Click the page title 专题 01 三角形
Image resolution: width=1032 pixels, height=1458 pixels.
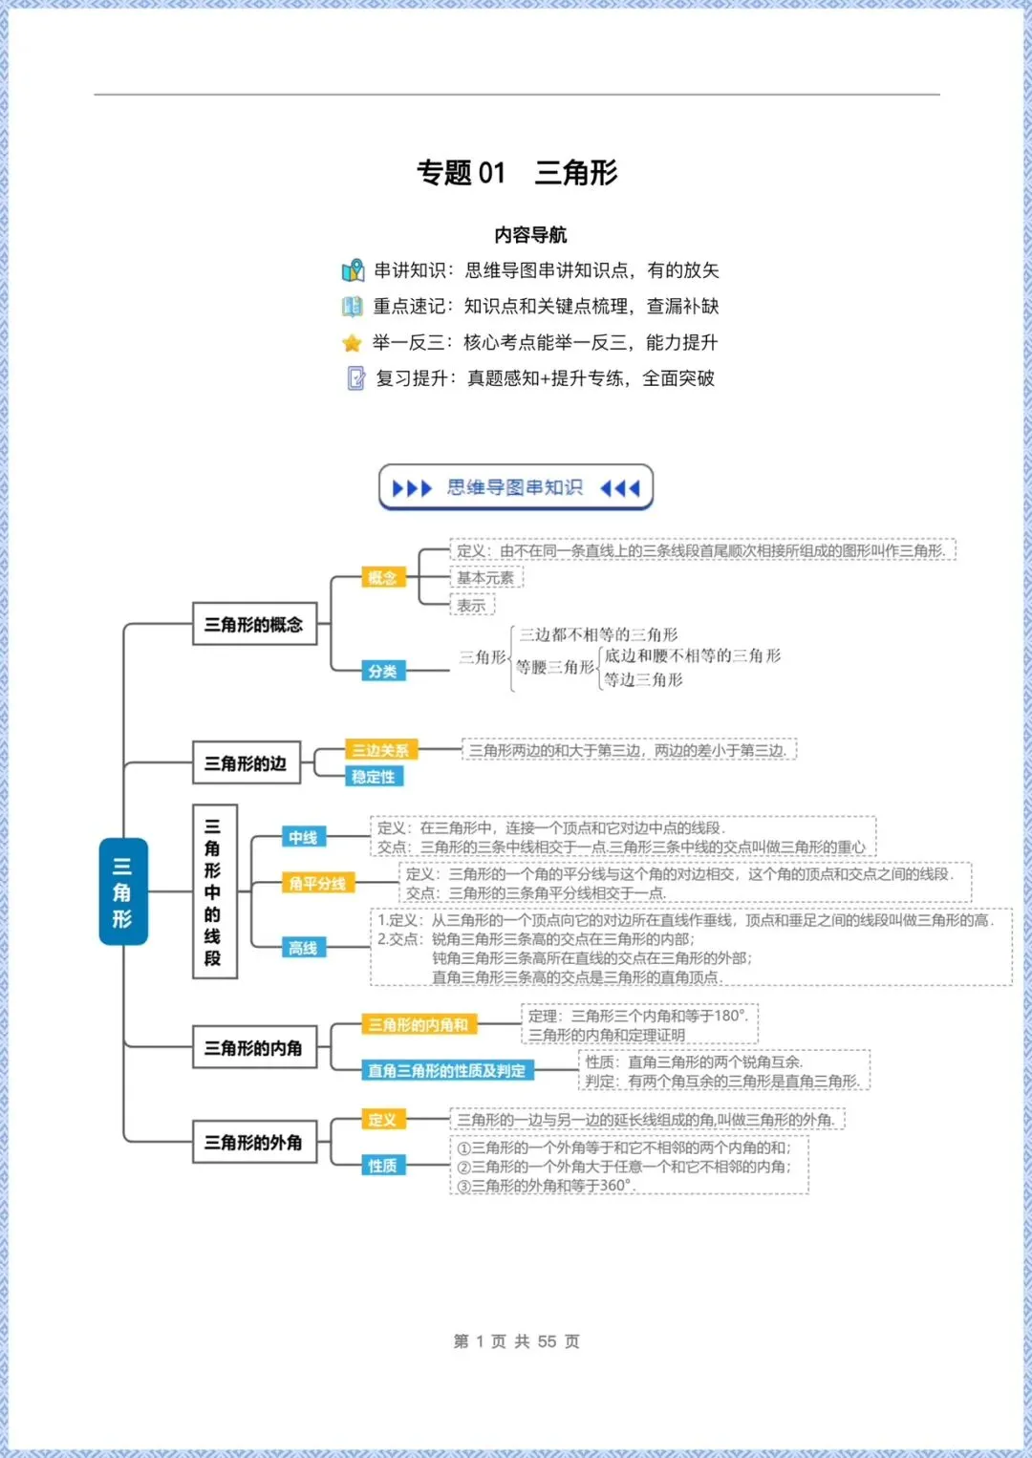point(517,172)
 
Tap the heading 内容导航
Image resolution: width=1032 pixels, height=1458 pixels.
point(530,235)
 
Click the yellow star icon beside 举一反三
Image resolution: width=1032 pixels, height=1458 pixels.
point(353,343)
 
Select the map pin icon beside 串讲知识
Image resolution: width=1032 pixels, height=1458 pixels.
point(353,270)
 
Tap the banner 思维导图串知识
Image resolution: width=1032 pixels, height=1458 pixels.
point(516,488)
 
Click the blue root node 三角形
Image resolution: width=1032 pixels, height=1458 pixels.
point(123,891)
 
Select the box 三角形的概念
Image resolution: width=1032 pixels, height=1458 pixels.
point(254,624)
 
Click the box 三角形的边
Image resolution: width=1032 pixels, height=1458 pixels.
point(246,763)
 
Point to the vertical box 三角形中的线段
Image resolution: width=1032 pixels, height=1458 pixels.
point(214,891)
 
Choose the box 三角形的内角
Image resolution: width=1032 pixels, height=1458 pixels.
point(253,1048)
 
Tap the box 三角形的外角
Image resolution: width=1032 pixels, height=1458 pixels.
point(253,1142)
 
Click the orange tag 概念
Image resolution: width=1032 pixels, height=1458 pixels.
point(382,577)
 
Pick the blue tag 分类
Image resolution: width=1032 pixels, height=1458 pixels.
point(382,671)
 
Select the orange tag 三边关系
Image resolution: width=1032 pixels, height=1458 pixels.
point(380,750)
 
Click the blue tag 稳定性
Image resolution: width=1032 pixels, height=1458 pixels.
point(374,777)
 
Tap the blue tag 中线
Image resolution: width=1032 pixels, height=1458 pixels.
point(303,837)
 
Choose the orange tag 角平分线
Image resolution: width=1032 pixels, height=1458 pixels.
point(317,884)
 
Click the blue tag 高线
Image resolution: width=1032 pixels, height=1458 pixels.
point(303,948)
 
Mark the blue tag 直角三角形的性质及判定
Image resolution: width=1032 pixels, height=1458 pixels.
point(447,1071)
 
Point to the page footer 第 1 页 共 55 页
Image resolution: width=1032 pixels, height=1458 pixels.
point(516,1341)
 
